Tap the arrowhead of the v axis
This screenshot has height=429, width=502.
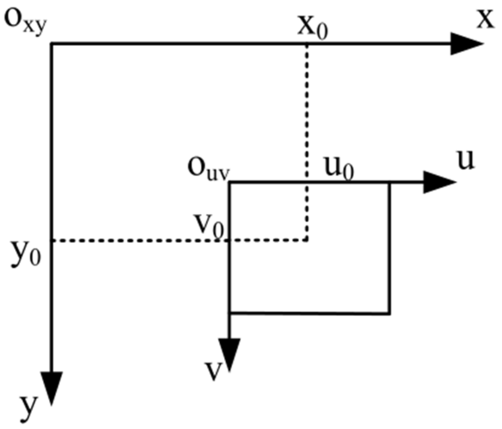point(229,354)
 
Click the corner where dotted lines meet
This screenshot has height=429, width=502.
point(307,240)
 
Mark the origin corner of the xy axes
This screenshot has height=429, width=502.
point(52,43)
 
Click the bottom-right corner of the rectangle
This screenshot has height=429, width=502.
point(390,312)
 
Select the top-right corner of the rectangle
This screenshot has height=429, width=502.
point(390,183)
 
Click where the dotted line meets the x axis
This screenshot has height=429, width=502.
point(307,43)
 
